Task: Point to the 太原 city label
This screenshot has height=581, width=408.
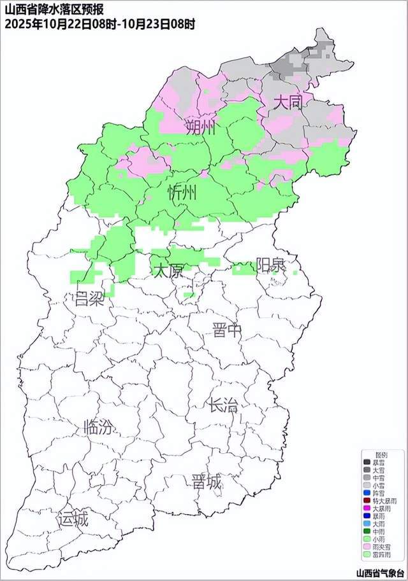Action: pyautogui.click(x=168, y=270)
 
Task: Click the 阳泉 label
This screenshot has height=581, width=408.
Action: pyautogui.click(x=271, y=265)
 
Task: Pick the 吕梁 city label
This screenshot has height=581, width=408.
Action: pyautogui.click(x=89, y=299)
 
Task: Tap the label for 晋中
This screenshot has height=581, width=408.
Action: pyautogui.click(x=228, y=330)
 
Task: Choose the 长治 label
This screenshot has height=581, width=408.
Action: pyautogui.click(x=223, y=404)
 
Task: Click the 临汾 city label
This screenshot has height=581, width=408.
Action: pyautogui.click(x=99, y=428)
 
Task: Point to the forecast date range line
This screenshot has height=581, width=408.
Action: pyautogui.click(x=99, y=24)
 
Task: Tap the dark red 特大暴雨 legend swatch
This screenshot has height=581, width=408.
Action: pyautogui.click(x=367, y=500)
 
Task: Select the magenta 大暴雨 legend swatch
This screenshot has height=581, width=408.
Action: pyautogui.click(x=367, y=507)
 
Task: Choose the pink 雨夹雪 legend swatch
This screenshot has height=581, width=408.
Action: pyautogui.click(x=367, y=545)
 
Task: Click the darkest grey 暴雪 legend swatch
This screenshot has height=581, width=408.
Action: pyautogui.click(x=367, y=462)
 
